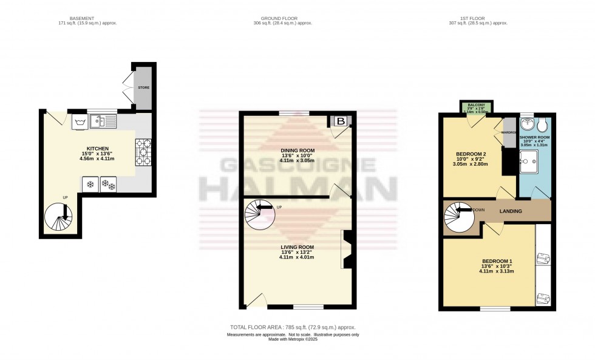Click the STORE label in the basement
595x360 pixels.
coord(143,87)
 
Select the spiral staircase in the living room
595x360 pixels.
coord(259,214)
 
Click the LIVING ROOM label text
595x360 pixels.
coord(297,247)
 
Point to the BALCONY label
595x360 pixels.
coord(476,104)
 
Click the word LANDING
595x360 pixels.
coord(511,211)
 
